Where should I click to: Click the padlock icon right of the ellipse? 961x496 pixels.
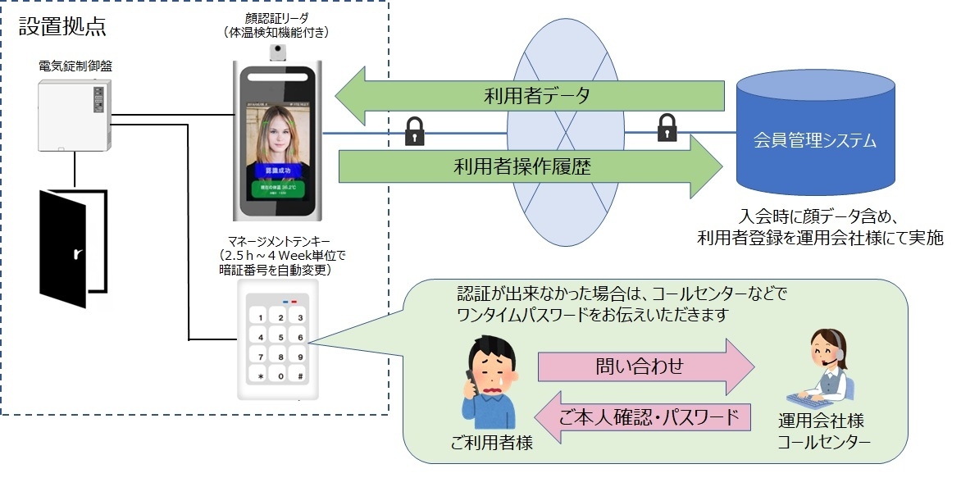coord(664,129)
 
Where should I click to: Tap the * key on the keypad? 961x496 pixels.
coord(261,376)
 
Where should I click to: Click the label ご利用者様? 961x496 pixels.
coord(492,444)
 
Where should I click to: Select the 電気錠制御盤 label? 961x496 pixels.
coord(75,65)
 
